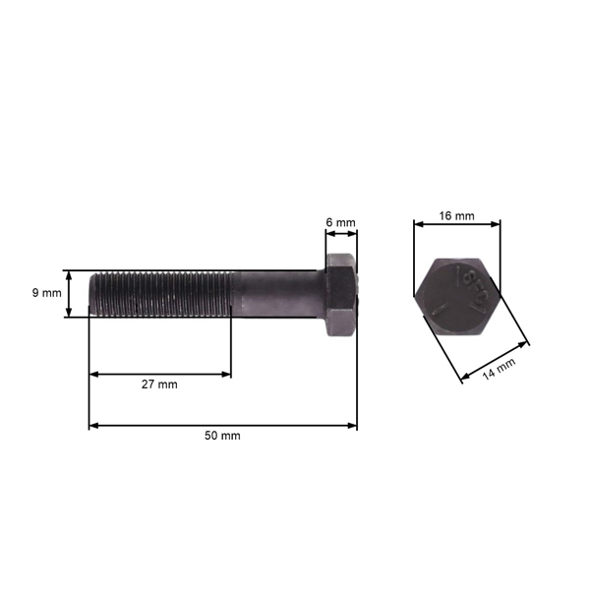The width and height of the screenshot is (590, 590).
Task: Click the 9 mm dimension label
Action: [x=46, y=293]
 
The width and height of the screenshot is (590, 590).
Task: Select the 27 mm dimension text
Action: [x=159, y=384]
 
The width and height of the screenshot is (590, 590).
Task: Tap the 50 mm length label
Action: [x=222, y=436]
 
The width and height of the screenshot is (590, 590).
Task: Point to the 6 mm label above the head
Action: [x=340, y=223]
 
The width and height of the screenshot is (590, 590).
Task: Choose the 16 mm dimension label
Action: [x=457, y=215]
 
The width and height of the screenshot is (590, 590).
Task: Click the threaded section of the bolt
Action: [x=162, y=293]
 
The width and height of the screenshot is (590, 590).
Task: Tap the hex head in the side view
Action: [x=340, y=294]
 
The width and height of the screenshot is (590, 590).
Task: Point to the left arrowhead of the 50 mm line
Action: [x=93, y=426]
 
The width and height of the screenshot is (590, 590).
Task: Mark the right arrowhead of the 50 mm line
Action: [x=353, y=426]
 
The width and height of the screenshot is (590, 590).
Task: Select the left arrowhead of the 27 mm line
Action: [x=93, y=374]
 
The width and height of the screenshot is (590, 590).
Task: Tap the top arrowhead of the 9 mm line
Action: [x=69, y=274]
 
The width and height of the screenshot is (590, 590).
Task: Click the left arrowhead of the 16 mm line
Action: [x=418, y=224]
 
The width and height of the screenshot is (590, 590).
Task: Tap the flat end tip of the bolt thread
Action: [x=91, y=294]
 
